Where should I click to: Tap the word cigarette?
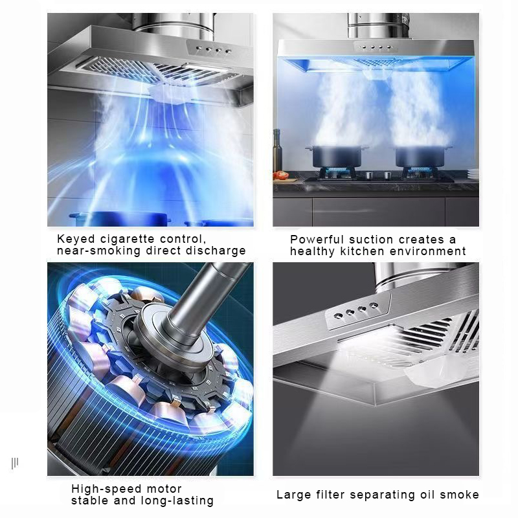click(133, 239)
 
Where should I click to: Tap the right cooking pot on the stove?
click(415, 155)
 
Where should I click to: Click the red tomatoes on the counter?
click(280, 175)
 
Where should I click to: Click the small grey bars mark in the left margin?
click(15, 462)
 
